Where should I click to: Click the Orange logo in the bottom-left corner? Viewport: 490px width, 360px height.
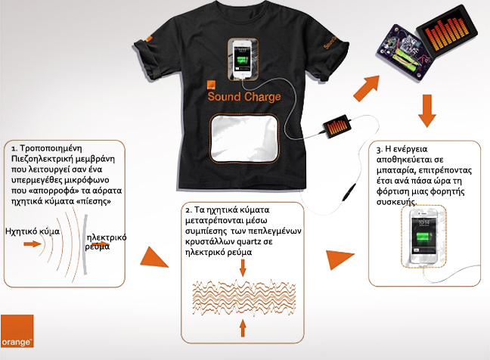pos(17,331)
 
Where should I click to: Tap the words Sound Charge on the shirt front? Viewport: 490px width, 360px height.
pos(244,97)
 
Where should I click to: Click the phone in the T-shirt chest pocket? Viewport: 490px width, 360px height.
pos(243,60)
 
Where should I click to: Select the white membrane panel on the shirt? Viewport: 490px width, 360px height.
pos(244,138)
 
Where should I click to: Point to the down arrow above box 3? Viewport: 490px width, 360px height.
pos(427,111)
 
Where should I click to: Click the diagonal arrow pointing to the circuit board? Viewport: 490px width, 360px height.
pos(367,88)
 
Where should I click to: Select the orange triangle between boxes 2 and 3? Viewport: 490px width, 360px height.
pos(339,259)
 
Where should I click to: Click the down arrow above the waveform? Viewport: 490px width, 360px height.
pos(243,268)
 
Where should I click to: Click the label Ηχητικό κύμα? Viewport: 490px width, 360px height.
pos(33,231)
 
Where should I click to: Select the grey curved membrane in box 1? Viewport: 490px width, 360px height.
pos(85,244)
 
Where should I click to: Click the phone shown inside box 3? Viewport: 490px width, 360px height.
pos(423,237)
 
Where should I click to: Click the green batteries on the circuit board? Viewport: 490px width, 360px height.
pos(402,59)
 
